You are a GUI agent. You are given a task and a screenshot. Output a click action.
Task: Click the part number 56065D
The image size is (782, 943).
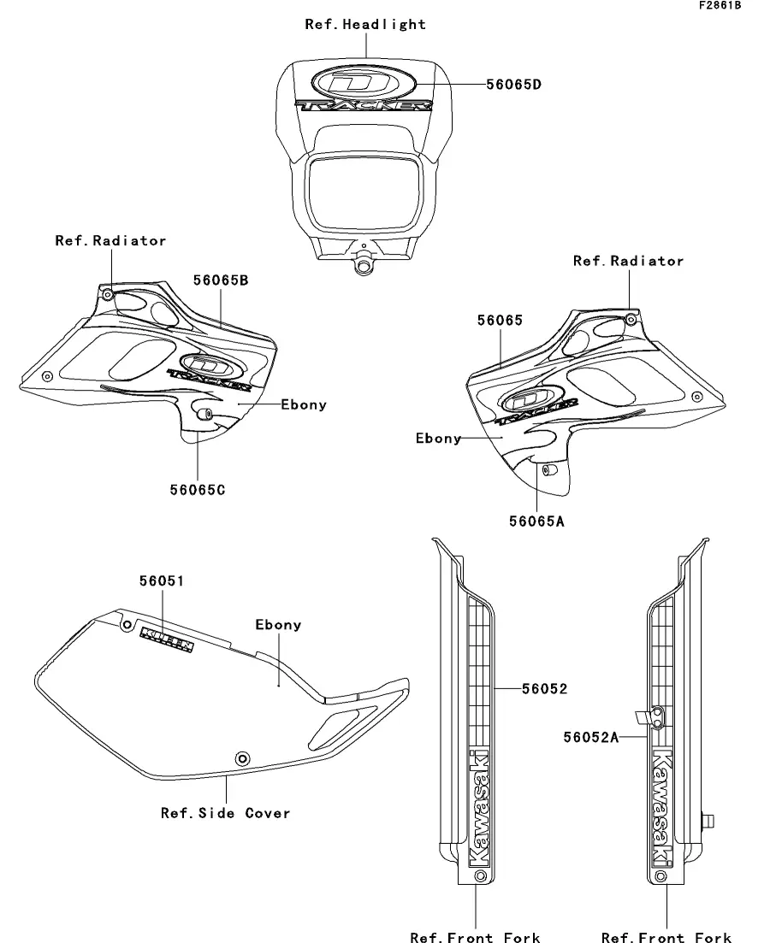click(x=513, y=84)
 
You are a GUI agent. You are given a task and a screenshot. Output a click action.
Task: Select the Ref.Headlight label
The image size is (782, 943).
click(x=365, y=24)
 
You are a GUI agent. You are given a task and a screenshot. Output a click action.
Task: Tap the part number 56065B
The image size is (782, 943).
click(x=221, y=280)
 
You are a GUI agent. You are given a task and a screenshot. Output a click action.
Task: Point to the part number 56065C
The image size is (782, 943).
click(x=197, y=490)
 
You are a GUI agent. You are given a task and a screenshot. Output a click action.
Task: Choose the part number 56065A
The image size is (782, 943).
click(x=537, y=522)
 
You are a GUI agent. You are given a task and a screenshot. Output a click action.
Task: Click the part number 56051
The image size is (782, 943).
click(x=163, y=581)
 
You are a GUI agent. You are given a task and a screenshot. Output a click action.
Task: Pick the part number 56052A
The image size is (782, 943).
click(x=590, y=735)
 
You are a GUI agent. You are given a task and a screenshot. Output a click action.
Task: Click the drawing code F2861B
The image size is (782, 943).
click(x=719, y=6)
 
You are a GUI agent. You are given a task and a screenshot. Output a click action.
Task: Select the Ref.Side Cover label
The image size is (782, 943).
click(x=226, y=813)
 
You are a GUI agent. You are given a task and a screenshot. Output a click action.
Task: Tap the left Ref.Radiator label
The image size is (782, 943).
click(x=111, y=241)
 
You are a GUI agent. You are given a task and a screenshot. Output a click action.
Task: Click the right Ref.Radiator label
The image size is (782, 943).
click(x=628, y=261)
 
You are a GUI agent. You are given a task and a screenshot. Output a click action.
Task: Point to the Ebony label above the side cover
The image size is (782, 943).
click(x=278, y=625)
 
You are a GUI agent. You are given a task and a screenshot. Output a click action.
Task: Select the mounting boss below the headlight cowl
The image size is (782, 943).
click(x=364, y=265)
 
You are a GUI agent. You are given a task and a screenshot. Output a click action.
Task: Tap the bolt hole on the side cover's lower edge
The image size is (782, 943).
click(x=242, y=759)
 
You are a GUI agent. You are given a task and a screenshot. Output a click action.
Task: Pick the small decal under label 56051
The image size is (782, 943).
click(x=167, y=637)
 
